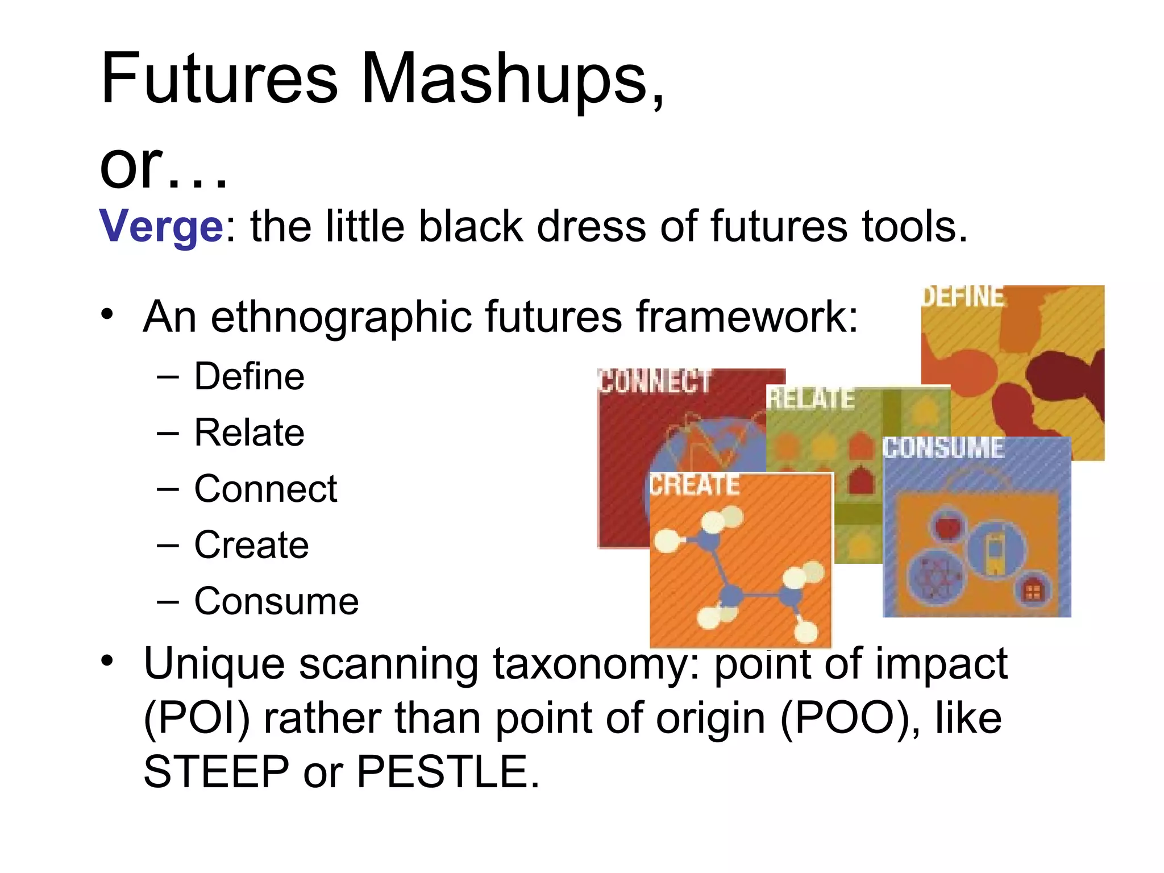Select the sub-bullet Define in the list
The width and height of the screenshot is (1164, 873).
(x=249, y=376)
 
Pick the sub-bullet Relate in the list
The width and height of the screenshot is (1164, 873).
(x=249, y=433)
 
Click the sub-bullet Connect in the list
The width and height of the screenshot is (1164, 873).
(x=265, y=489)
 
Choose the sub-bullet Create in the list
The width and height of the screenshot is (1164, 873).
(x=251, y=545)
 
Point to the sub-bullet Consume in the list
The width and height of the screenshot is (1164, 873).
(x=276, y=601)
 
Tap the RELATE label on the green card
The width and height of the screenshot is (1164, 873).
(x=810, y=398)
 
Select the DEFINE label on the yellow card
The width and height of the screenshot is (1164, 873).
(x=963, y=297)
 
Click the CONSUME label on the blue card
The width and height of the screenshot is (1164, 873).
(x=943, y=448)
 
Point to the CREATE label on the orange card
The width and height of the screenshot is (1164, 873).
(x=695, y=485)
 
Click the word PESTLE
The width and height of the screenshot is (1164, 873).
(x=447, y=772)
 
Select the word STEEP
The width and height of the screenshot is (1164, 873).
(x=216, y=772)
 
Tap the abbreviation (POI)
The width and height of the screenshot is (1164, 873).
(x=197, y=718)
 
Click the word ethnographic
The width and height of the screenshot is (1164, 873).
(x=340, y=317)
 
